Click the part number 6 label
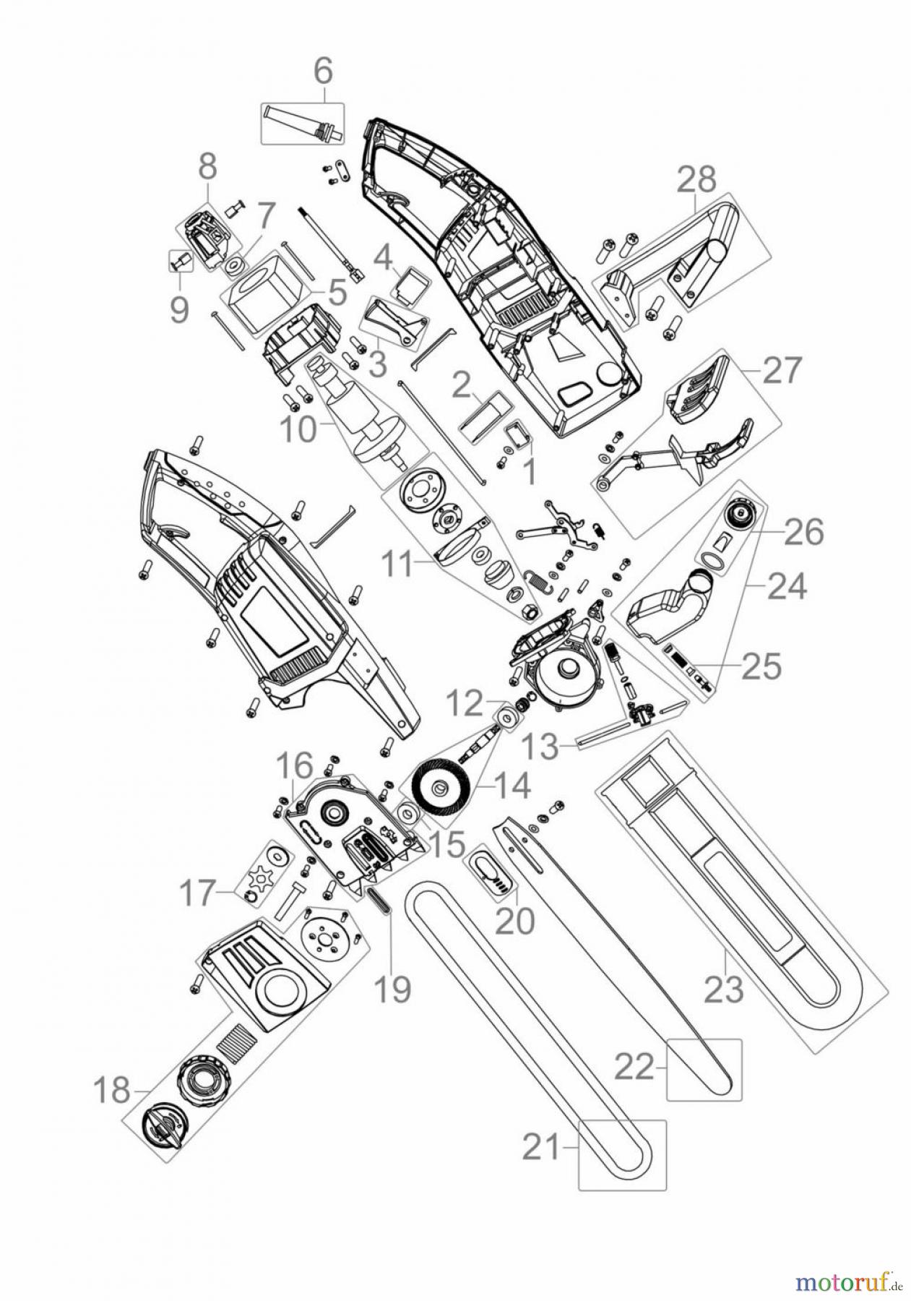pos(323,72)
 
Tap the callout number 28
pos(696,179)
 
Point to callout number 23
pos(723,988)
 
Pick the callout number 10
pos(298,431)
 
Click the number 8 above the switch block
pos(207,166)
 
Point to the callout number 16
pos(294,765)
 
